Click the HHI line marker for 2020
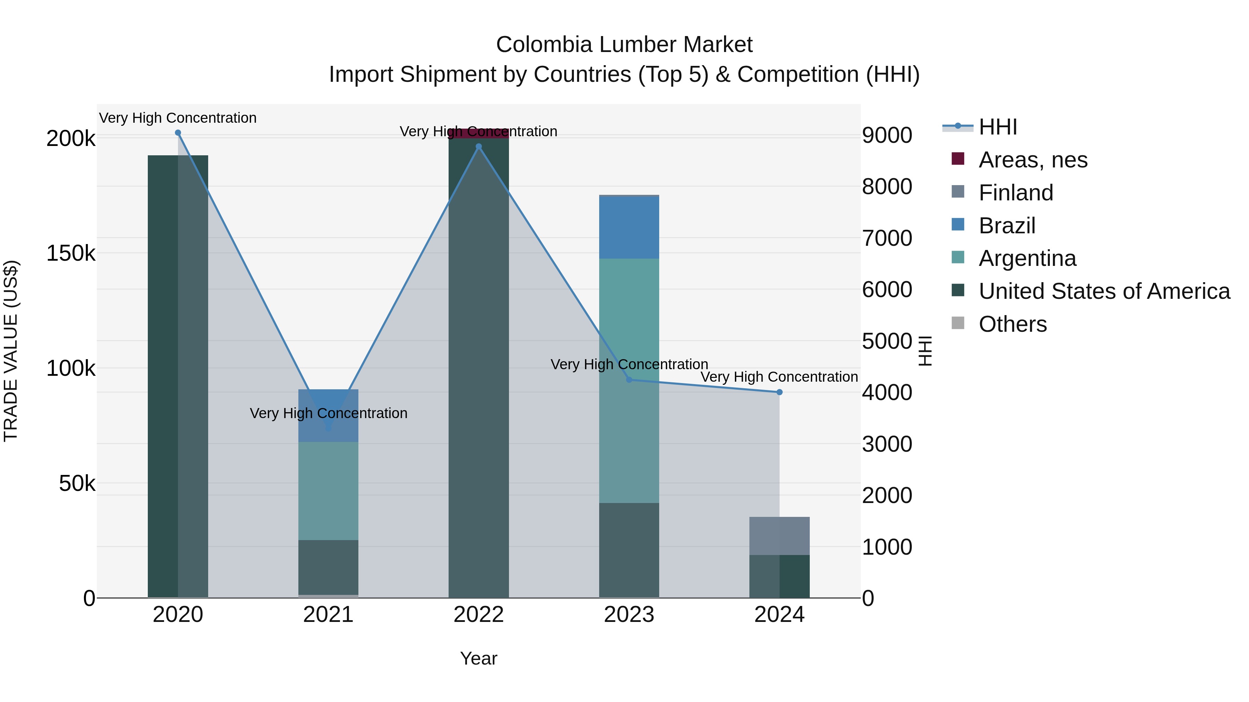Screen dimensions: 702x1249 pyautogui.click(x=178, y=133)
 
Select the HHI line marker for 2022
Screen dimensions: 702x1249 pyautogui.click(x=478, y=146)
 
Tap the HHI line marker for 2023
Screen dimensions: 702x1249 pyautogui.click(x=629, y=380)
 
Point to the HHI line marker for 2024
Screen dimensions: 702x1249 pyautogui.click(x=780, y=392)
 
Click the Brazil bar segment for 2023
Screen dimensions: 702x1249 pyautogui.click(x=629, y=228)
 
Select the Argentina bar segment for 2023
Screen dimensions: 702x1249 pyautogui.click(x=629, y=380)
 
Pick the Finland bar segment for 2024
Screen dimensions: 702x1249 pyautogui.click(x=780, y=536)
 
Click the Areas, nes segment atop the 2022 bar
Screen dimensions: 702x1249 pyautogui.click(x=478, y=133)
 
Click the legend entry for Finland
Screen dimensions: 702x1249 pyautogui.click(x=1016, y=193)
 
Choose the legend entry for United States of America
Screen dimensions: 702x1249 pyautogui.click(x=1104, y=291)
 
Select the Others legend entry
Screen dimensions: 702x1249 pyautogui.click(x=1012, y=324)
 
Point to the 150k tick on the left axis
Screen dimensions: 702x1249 pyautogui.click(x=71, y=253)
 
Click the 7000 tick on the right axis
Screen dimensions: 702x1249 pyautogui.click(x=887, y=239)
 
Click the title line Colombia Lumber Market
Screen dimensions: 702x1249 pyautogui.click(x=624, y=45)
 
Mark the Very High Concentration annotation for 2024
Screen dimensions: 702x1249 pyautogui.click(x=779, y=377)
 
